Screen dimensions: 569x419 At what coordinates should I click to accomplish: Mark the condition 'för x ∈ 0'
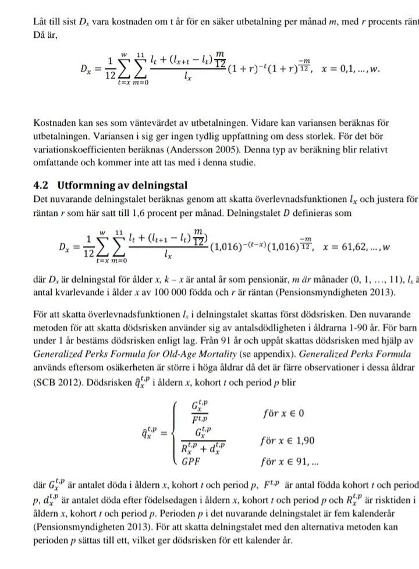[x=283, y=414]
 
